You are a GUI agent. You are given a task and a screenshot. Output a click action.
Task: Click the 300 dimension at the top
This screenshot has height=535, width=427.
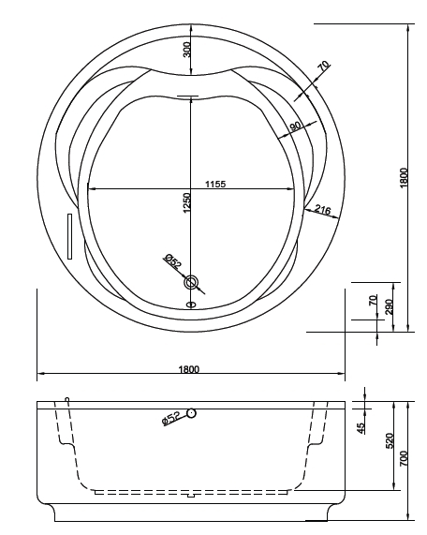coord(186,50)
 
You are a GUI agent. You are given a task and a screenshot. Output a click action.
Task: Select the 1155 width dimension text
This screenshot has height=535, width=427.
coord(215,185)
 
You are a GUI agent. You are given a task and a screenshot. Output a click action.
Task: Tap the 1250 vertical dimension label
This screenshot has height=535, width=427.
coord(186,202)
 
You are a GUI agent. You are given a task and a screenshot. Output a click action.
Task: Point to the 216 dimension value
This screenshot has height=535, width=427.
coord(322,210)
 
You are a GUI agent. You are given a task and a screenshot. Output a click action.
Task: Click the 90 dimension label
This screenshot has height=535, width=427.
coord(295,126)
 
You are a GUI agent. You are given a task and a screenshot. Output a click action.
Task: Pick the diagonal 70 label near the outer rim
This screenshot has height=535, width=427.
coord(324,66)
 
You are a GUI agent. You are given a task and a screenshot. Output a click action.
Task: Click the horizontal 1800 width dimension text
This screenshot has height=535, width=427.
coord(188,369)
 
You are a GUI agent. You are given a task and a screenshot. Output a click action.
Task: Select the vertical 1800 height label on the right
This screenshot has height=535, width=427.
coord(404,177)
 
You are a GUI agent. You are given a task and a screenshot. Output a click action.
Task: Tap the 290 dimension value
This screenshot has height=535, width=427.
coord(390,306)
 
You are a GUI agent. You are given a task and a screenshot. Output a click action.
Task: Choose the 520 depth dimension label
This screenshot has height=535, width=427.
coord(390,440)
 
